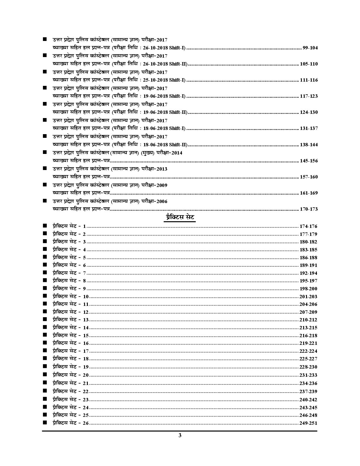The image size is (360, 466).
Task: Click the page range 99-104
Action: pyautogui.click(x=310, y=48)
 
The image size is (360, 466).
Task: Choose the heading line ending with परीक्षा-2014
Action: pyautogui.click(x=117, y=153)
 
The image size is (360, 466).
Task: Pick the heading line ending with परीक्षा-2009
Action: pyautogui.click(x=110, y=185)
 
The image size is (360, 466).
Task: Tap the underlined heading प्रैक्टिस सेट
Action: pyautogui.click(x=180, y=218)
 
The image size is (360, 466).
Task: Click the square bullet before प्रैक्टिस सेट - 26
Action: pyautogui.click(x=45, y=423)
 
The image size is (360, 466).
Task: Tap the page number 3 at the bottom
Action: pyautogui.click(x=180, y=435)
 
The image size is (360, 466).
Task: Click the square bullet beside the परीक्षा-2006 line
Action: pyautogui.click(x=45, y=201)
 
